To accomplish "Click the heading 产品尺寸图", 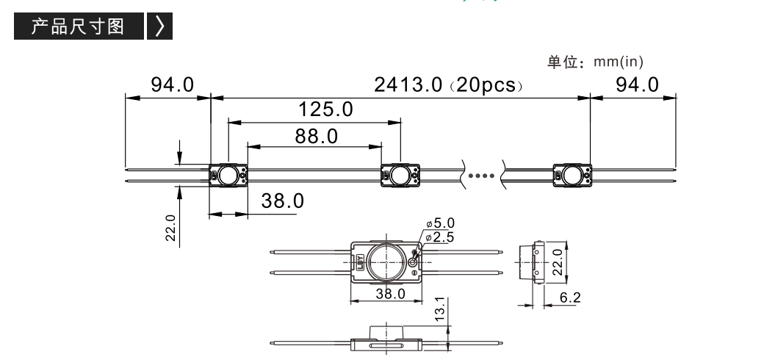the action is (x=78, y=26).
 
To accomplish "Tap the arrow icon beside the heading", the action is (x=160, y=26).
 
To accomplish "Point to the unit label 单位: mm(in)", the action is (x=595, y=62).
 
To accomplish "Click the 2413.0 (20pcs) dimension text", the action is (x=449, y=84).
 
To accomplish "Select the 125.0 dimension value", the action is (x=325, y=109).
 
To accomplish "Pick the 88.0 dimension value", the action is (x=316, y=137).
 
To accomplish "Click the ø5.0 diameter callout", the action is (x=440, y=223).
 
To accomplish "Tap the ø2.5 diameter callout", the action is (x=440, y=237).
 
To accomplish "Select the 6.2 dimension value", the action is (x=570, y=297).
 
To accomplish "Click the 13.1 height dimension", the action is (x=440, y=309).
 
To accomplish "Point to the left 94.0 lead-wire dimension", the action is (x=172, y=84).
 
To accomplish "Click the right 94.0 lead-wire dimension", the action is (x=638, y=84).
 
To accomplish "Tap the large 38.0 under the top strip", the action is (x=282, y=201).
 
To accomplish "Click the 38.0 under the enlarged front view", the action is (x=390, y=294).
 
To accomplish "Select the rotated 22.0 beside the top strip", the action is (x=170, y=228).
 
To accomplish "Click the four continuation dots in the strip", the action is (x=481, y=176).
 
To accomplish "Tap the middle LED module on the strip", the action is (x=400, y=175).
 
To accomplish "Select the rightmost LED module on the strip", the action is (x=572, y=175).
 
